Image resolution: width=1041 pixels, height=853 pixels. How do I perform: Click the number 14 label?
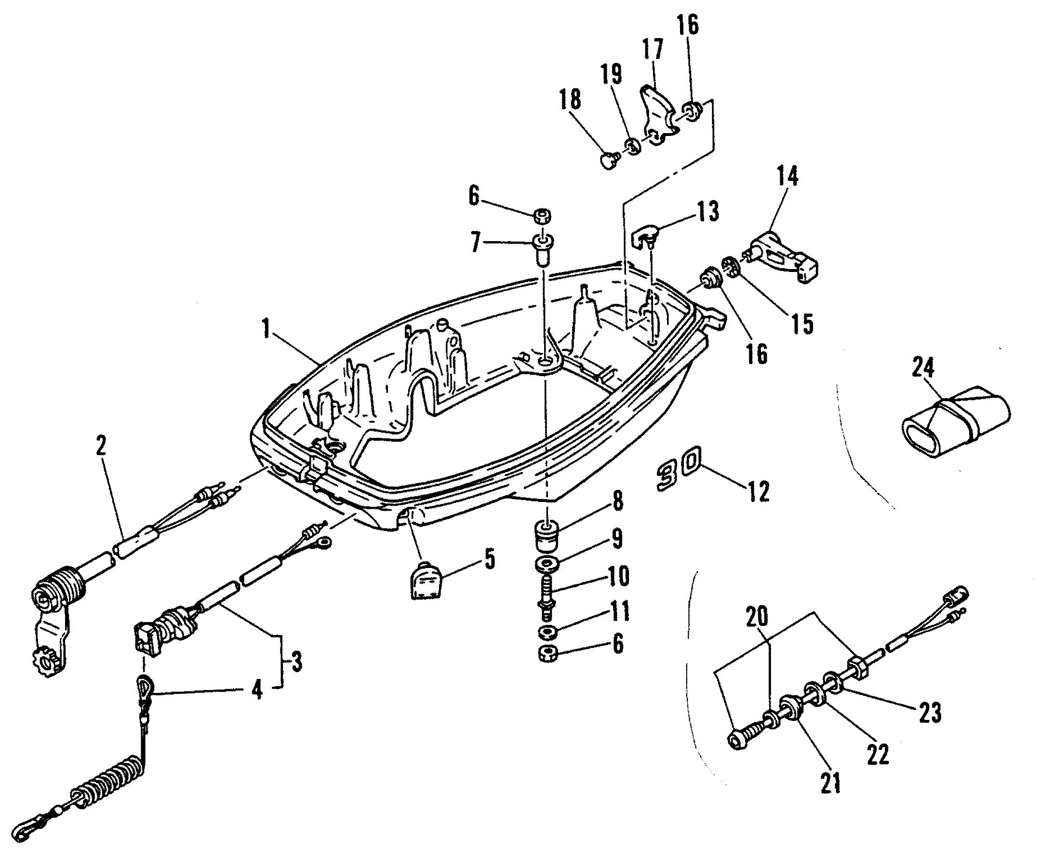pyautogui.click(x=787, y=176)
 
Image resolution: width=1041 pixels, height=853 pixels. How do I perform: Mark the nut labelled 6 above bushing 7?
pyautogui.click(x=542, y=216)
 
